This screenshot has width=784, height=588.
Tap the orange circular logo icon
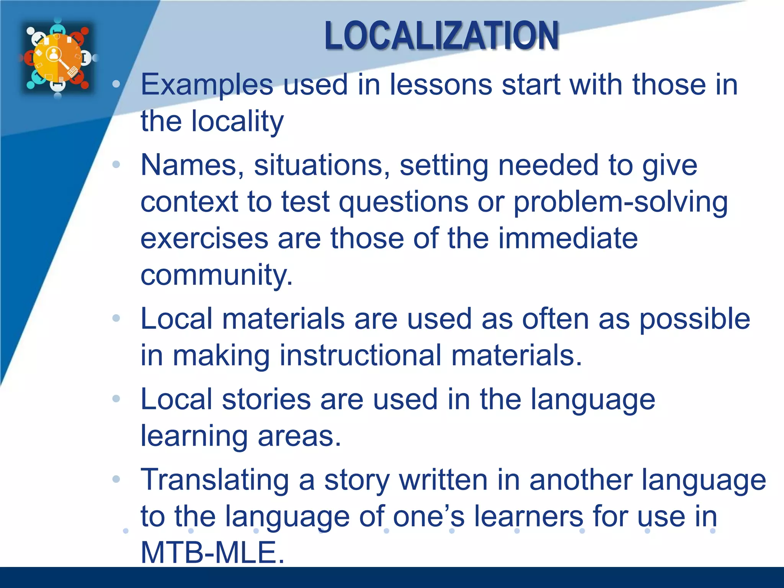58,57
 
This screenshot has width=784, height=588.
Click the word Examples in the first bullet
207,85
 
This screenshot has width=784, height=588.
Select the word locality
237,121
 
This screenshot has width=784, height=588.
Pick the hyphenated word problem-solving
620,202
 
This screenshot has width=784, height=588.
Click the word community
216,275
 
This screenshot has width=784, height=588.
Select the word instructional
360,355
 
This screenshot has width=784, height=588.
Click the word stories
266,399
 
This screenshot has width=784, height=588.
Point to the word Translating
215,480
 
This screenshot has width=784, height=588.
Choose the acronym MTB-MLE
212,552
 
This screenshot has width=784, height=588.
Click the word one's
429,516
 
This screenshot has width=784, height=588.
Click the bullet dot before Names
116,165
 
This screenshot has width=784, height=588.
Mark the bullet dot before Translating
116,479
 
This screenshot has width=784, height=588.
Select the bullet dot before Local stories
116,399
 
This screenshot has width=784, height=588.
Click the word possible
694,319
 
